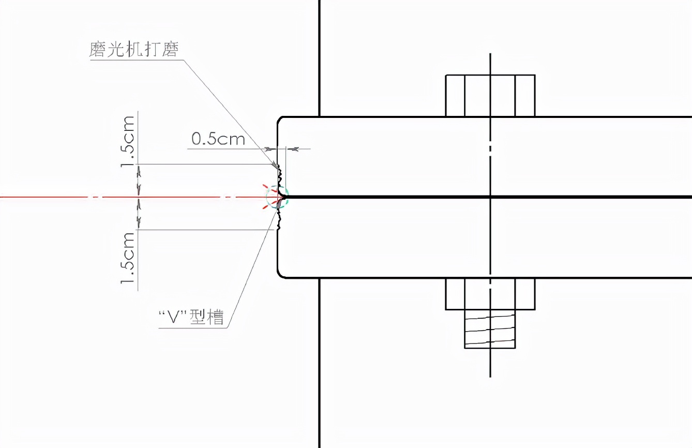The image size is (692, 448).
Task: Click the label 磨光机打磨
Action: pyautogui.click(x=134, y=50)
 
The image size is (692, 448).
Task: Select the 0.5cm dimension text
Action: pyautogui.click(x=218, y=139)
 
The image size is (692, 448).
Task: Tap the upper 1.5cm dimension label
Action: pyautogui.click(x=128, y=141)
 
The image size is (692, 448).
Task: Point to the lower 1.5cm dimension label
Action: pyautogui.click(x=128, y=258)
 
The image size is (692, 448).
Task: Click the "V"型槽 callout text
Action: pyautogui.click(x=191, y=317)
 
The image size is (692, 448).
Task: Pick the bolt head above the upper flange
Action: pyautogui.click(x=490, y=96)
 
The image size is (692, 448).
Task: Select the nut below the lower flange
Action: pyautogui.click(x=490, y=294)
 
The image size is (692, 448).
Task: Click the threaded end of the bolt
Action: pyautogui.click(x=490, y=329)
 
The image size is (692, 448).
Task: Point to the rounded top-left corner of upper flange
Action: pyautogui.click(x=279, y=119)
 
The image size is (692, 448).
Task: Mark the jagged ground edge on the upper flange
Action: pyautogui.click(x=280, y=179)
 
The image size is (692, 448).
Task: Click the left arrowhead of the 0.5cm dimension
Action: pyautogui.click(x=271, y=149)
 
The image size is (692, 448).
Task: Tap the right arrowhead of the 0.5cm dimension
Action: pyautogui.click(x=293, y=149)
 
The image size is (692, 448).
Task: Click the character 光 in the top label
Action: pyautogui.click(x=116, y=50)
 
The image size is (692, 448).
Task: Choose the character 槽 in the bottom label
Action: pyautogui.click(x=215, y=317)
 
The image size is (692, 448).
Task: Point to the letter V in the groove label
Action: pyautogui.click(x=173, y=317)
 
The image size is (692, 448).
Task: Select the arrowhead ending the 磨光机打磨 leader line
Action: pyautogui.click(x=275, y=165)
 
